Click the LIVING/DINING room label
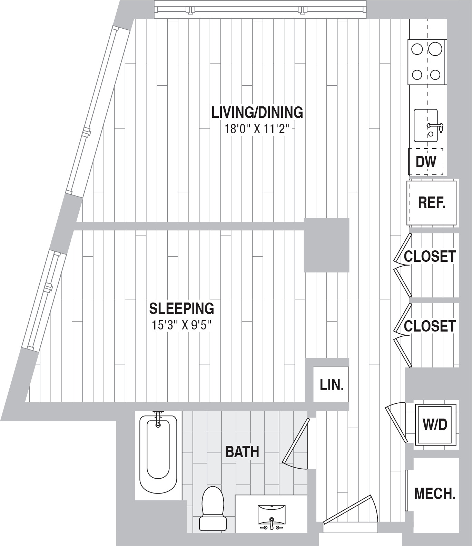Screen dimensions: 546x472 pyautogui.click(x=257, y=113)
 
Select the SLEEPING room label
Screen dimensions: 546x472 pyautogui.click(x=181, y=308)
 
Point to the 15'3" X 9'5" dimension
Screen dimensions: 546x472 pyautogui.click(x=181, y=325)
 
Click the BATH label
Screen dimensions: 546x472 pyautogui.click(x=242, y=452)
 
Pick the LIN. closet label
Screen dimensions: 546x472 pyautogui.click(x=332, y=385)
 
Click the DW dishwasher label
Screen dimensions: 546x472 pyautogui.click(x=426, y=162)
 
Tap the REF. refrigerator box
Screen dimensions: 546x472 pyautogui.click(x=432, y=203)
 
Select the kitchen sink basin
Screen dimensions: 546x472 pyautogui.click(x=425, y=125)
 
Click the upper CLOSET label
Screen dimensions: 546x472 pyautogui.click(x=430, y=257)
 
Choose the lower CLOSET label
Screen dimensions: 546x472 pyautogui.click(x=430, y=326)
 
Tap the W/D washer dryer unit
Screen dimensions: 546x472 pyautogui.click(x=435, y=424)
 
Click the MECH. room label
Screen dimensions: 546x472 pyautogui.click(x=435, y=494)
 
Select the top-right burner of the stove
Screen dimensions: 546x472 pyautogui.click(x=436, y=49)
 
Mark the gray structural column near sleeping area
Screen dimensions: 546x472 pyautogui.click(x=326, y=245)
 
